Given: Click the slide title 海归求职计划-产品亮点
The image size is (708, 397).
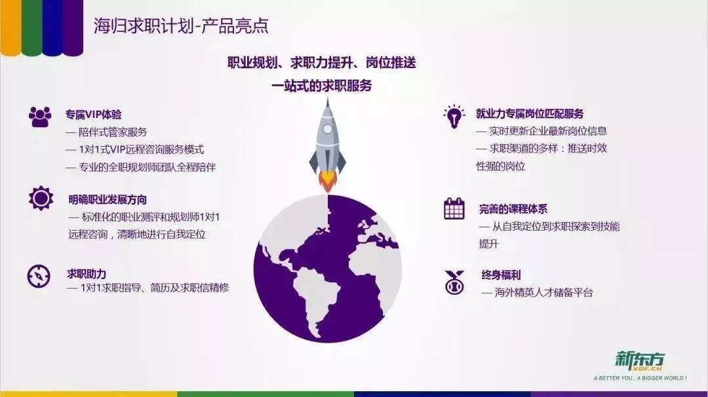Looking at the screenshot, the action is pos(181,26).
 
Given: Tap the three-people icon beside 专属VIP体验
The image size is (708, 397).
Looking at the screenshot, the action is pos(40,117).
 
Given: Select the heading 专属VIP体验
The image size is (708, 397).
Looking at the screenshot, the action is pos(94,115).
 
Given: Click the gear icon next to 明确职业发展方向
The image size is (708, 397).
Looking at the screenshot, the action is pos(41,198).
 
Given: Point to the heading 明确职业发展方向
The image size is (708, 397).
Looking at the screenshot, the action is pos(108,200).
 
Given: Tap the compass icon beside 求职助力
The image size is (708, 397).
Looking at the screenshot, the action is pos(39,276).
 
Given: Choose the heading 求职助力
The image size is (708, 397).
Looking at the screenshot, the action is pos(87,274).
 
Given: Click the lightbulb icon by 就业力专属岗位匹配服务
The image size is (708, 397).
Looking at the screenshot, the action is pos(454,117).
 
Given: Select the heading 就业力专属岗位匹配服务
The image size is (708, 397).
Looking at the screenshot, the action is pos(530,114).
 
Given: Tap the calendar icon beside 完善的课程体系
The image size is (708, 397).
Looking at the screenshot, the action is pos(454,208).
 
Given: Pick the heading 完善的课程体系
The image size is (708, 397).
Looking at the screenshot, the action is pos(513,209).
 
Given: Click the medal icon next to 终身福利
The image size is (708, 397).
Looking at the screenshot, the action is pos(454,282).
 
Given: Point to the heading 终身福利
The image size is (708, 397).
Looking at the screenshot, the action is pos(501,274).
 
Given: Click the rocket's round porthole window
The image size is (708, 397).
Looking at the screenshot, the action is pos(328,130).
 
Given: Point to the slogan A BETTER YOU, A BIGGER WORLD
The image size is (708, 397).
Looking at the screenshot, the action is pos(640,378).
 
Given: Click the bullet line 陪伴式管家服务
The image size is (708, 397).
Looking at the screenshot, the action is pos(107,132).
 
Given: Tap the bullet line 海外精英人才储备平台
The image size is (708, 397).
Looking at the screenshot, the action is pos(538,292).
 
